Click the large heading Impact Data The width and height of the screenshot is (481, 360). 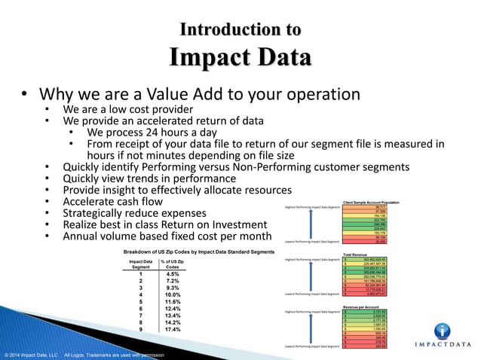click(240, 59)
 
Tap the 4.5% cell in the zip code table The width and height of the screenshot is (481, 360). click(171, 273)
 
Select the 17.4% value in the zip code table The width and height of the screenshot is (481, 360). click(171, 329)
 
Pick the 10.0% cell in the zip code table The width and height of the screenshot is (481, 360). click(171, 294)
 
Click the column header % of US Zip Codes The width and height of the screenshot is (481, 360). click(172, 264)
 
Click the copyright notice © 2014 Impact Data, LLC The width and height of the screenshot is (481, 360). click(31, 354)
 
